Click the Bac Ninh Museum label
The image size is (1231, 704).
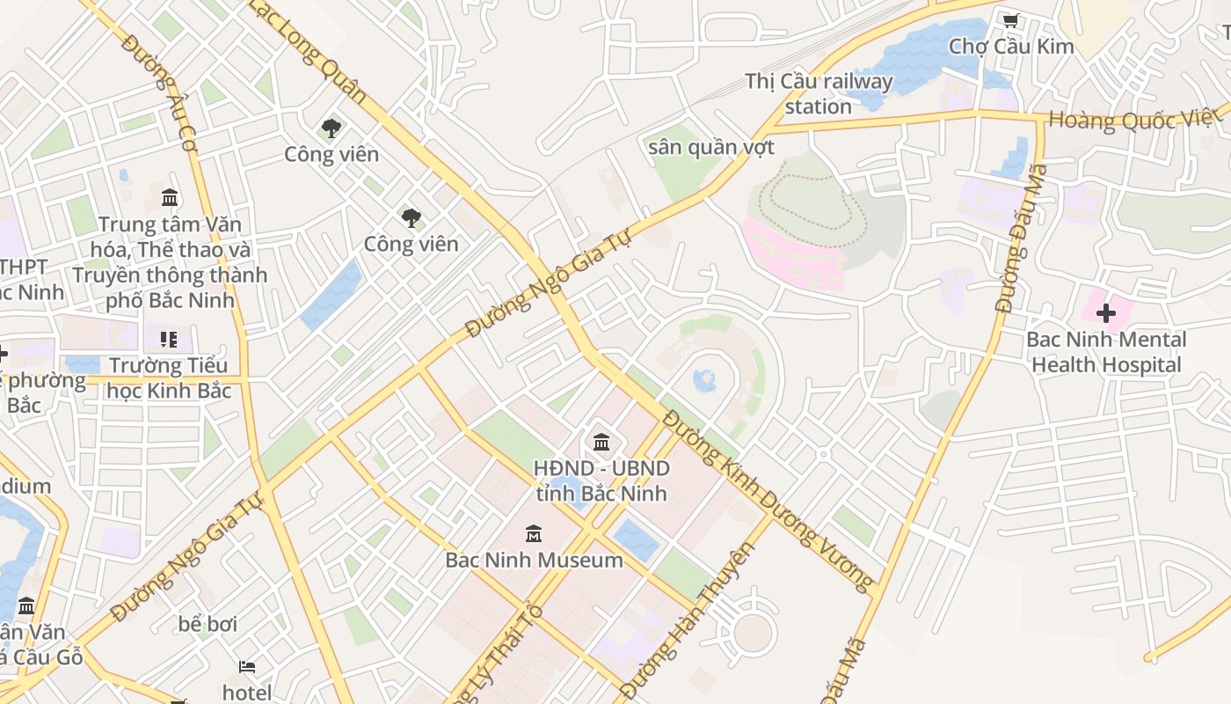tap(534, 560)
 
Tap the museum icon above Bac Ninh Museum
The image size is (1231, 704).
tap(533, 534)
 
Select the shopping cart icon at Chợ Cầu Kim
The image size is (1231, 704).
tap(1010, 20)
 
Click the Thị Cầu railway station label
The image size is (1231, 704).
tap(819, 93)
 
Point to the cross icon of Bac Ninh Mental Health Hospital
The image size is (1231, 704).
tap(1106, 313)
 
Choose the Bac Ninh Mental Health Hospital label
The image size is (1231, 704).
tap(1106, 352)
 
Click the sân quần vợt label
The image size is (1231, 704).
tap(711, 147)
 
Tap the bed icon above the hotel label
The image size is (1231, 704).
tap(247, 667)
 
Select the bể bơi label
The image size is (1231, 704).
tap(208, 624)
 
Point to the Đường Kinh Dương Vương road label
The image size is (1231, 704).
tap(768, 500)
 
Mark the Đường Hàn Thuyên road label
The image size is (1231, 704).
tap(688, 620)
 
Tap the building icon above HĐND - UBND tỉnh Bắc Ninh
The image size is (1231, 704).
tap(601, 441)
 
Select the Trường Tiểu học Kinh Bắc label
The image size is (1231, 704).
tap(169, 378)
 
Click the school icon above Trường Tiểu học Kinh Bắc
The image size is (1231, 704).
tap(169, 340)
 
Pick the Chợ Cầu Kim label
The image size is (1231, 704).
tap(1011, 46)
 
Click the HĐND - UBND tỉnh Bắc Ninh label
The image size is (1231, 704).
tap(601, 480)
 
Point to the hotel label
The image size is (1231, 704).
tap(247, 693)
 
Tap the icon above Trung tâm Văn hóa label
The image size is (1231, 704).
tap(170, 197)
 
